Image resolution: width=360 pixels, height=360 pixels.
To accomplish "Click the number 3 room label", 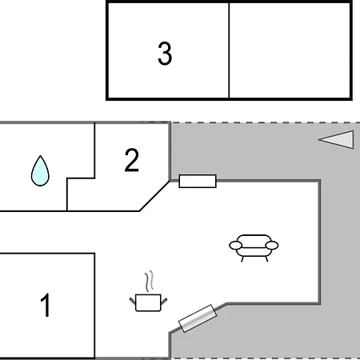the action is point(165,54).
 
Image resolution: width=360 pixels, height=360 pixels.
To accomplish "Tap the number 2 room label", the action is point(132,160).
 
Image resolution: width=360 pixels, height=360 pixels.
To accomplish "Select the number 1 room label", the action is point(46,305).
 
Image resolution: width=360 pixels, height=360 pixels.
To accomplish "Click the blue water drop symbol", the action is point(40,170).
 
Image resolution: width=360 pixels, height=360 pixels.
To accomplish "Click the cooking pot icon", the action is point(148,302).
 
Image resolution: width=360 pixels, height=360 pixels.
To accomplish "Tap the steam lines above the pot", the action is point(150,281).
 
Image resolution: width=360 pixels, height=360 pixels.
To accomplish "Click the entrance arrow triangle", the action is point(336,139).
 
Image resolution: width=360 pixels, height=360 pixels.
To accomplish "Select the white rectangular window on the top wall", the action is point(198,181).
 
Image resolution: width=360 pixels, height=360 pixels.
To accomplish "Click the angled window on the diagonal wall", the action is point(198,318).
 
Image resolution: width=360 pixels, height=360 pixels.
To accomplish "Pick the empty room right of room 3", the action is point(290,50).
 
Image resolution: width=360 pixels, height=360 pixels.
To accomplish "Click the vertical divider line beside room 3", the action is point(229,50).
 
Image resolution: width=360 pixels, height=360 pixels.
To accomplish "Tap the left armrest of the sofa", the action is point(235,246).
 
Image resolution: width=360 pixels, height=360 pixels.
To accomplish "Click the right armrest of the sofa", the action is point(272,245).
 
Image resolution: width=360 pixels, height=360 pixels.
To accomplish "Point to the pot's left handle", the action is point(133,301).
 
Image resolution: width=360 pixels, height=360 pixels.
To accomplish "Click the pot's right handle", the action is point(164,301).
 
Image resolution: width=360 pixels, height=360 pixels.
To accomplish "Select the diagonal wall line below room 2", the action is point(154,196).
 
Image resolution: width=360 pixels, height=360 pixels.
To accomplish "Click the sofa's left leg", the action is point(242,259).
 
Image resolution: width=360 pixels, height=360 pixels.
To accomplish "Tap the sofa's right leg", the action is point(266,258).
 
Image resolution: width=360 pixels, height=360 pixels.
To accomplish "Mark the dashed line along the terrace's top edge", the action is point(266,122).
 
